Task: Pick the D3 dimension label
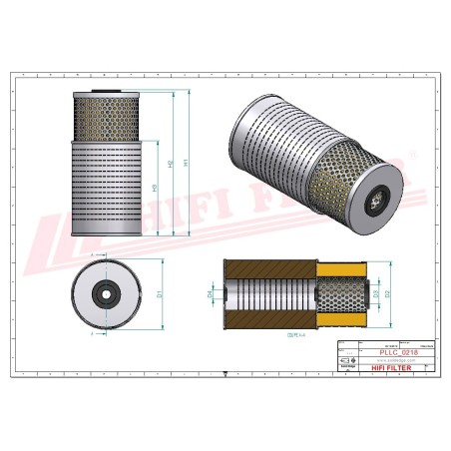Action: pyautogui.click(x=376, y=294)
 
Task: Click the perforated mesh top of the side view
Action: pyautogui.click(x=103, y=116)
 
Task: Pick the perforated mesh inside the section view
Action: pyautogui.click(x=339, y=295)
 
